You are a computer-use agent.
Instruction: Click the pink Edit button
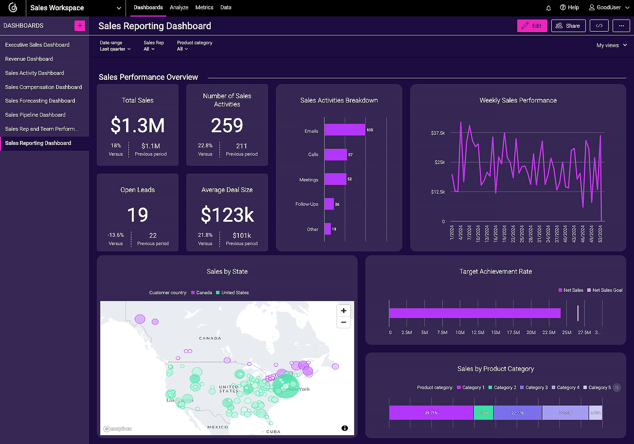(532, 26)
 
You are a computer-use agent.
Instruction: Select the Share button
(568, 26)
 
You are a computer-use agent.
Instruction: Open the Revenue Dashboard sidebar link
(29, 59)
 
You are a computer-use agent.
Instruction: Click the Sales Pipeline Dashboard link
(35, 115)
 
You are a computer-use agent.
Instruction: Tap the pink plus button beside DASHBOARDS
(80, 26)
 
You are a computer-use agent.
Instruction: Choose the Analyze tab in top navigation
(179, 8)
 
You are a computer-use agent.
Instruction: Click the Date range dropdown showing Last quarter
(115, 49)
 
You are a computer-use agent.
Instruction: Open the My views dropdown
(611, 45)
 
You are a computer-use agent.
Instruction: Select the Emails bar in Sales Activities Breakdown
(344, 130)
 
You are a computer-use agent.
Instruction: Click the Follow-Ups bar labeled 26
(329, 204)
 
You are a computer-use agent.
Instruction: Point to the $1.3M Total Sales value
(138, 125)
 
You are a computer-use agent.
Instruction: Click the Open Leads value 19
(138, 214)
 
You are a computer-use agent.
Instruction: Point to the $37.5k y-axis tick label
(437, 132)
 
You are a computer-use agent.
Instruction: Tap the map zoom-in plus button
(344, 311)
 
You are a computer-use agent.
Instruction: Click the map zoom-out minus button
(344, 322)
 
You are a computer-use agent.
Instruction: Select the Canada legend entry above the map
(201, 293)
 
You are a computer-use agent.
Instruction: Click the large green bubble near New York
(285, 386)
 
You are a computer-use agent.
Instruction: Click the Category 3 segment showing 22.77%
(517, 413)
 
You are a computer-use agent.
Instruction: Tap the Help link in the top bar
(569, 8)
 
